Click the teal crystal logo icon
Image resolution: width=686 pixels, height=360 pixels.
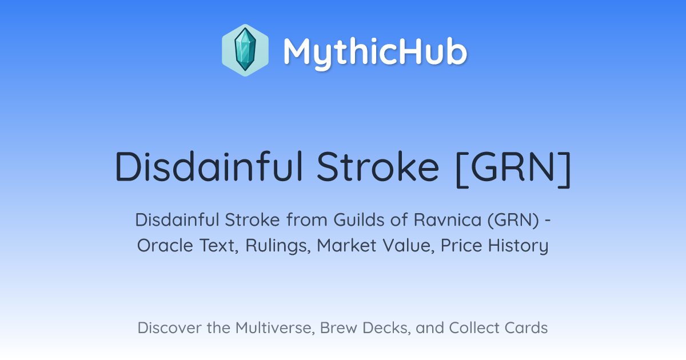(245, 50)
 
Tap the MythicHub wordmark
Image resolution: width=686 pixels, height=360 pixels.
(375, 52)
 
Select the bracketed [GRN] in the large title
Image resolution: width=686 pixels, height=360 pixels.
(513, 169)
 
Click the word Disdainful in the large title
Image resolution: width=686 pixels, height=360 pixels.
(209, 166)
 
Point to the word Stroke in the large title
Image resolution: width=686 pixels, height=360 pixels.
(378, 166)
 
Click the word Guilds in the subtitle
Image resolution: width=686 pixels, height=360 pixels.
(358, 220)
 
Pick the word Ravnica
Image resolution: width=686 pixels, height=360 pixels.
(448, 220)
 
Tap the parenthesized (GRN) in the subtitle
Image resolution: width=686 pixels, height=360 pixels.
(513, 221)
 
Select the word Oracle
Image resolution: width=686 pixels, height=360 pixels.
(165, 246)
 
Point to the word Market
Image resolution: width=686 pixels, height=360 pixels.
(346, 246)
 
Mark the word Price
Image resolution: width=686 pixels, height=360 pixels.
(461, 246)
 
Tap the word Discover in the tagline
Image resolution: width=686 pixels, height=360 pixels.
(169, 328)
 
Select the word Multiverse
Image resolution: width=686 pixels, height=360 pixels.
(276, 328)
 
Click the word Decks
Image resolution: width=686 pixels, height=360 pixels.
(386, 328)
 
